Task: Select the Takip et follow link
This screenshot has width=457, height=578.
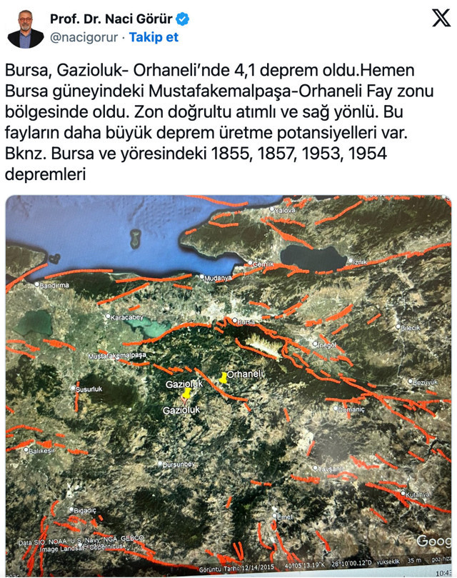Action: [154, 37]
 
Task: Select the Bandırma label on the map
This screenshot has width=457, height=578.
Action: [53, 285]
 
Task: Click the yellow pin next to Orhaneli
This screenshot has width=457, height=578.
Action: [223, 377]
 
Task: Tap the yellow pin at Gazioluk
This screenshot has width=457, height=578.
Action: [187, 393]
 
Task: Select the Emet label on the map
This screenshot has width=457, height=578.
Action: [285, 517]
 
